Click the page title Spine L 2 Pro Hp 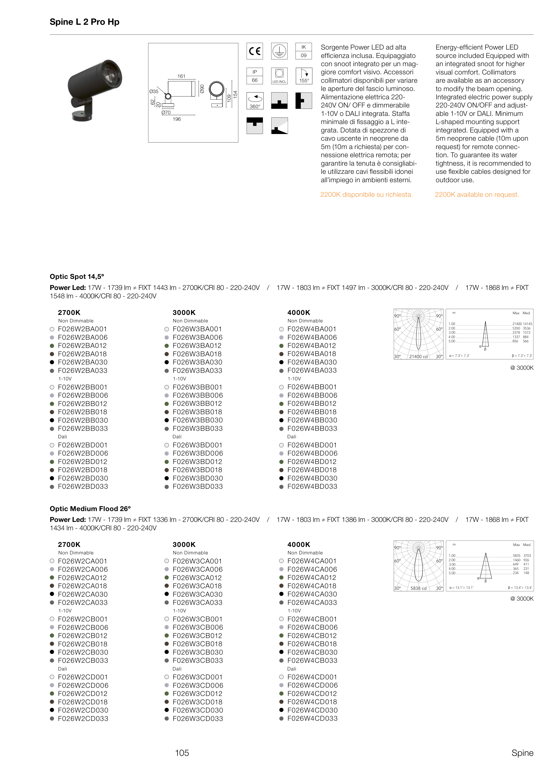click(84, 22)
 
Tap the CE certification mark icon click(255, 51)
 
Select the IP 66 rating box click(255, 76)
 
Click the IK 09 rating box click(303, 51)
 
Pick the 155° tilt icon click(304, 76)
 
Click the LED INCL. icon click(279, 76)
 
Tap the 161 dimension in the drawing click(181, 76)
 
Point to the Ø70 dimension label click(166, 112)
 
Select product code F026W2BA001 click(83, 329)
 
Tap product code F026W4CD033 click(312, 718)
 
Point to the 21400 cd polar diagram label click(418, 356)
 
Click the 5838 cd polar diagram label click(418, 588)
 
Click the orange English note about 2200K click(477, 195)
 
